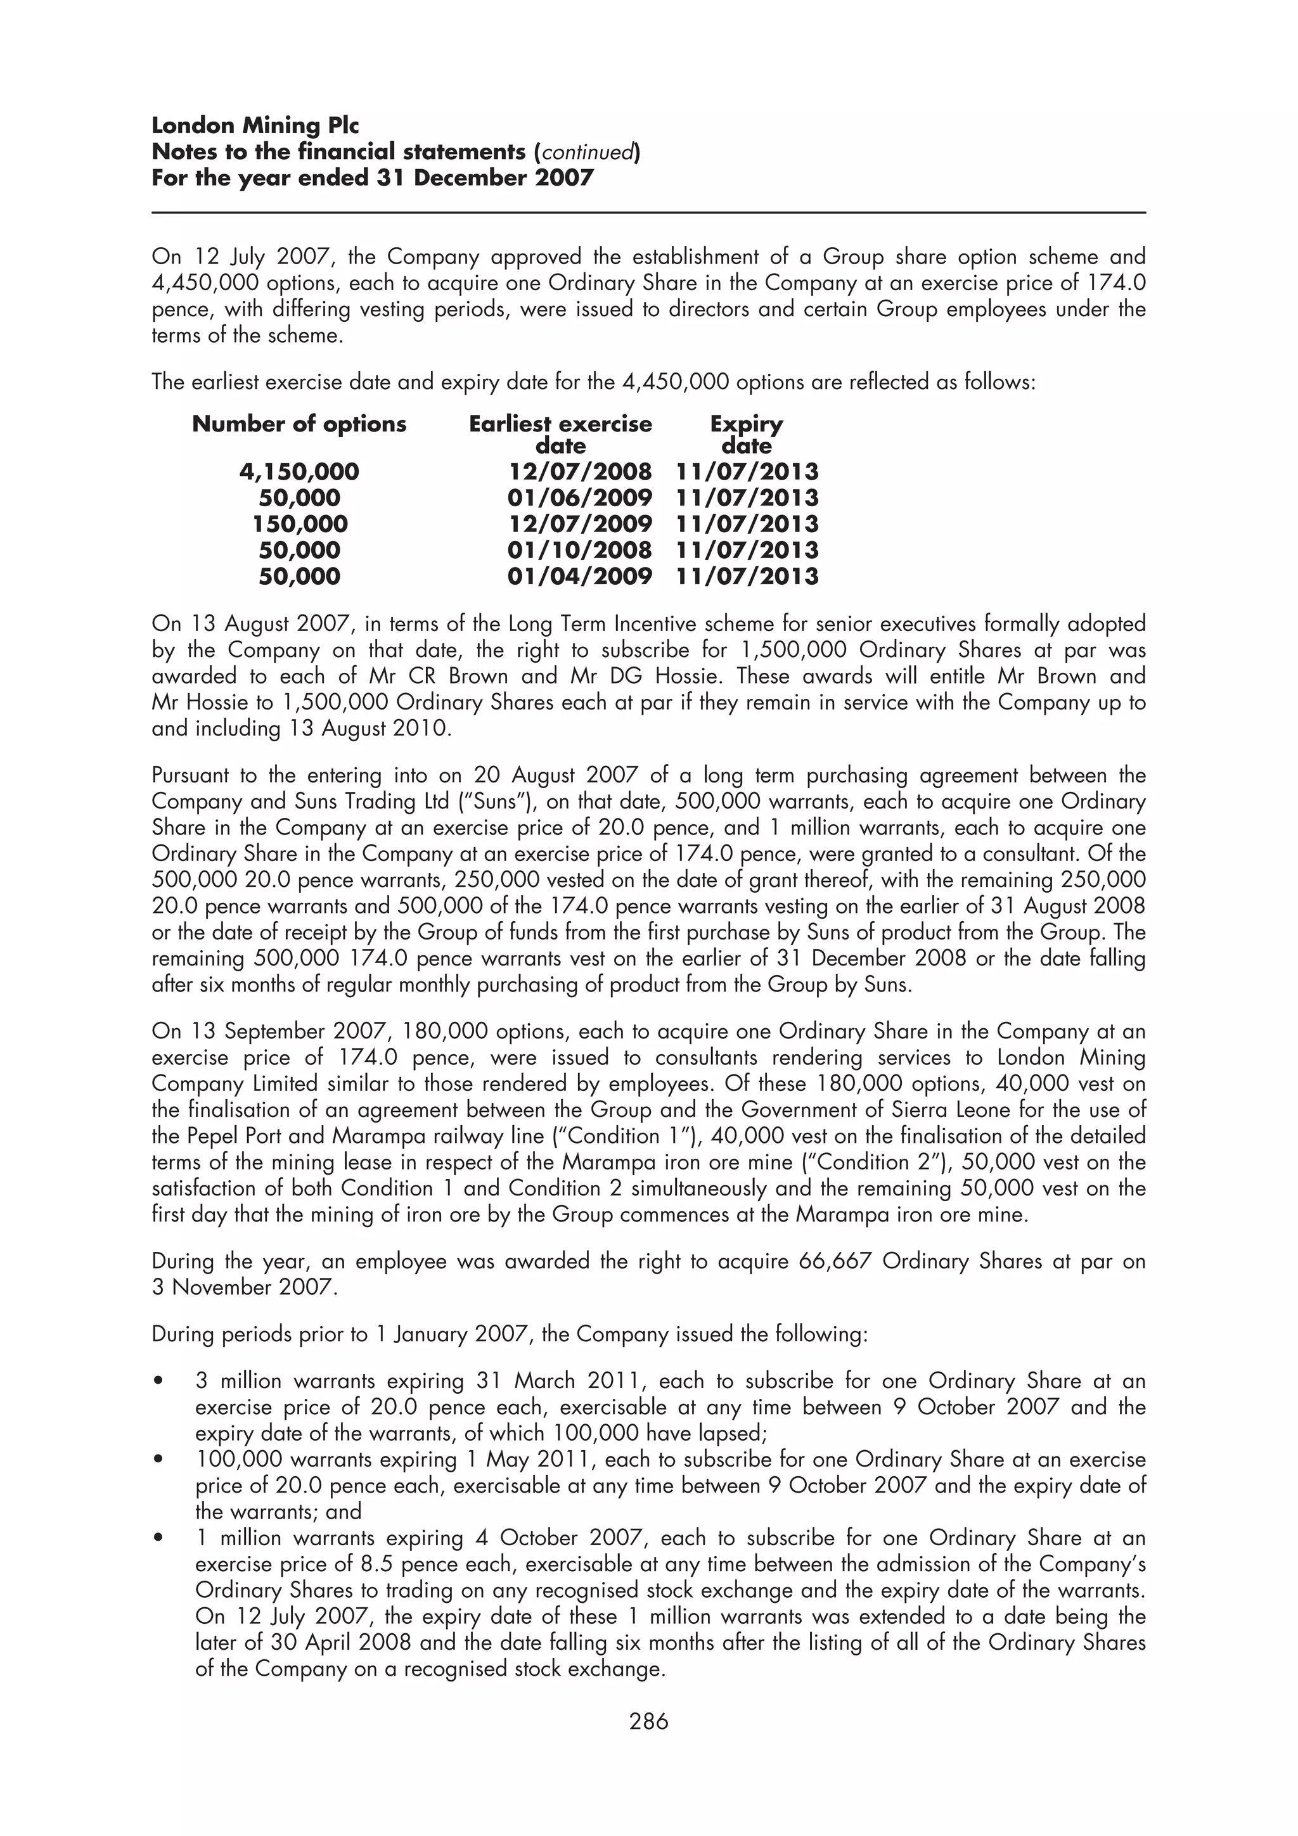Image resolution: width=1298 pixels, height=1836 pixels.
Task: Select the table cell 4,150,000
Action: click(x=299, y=472)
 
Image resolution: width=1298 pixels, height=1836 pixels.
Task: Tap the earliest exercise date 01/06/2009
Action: click(x=579, y=498)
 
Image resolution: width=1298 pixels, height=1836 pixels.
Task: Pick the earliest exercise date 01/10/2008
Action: click(x=579, y=550)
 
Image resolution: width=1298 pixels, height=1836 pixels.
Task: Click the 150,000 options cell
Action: click(x=300, y=525)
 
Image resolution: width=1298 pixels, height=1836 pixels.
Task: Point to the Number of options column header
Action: click(x=299, y=424)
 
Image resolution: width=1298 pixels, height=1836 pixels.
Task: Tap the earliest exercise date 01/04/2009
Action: click(x=579, y=577)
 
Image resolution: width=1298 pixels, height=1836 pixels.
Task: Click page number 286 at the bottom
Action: click(x=648, y=1721)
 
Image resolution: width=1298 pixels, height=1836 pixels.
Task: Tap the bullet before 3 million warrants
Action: click(x=159, y=1381)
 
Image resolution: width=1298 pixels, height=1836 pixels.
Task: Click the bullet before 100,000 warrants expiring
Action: click(x=159, y=1460)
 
